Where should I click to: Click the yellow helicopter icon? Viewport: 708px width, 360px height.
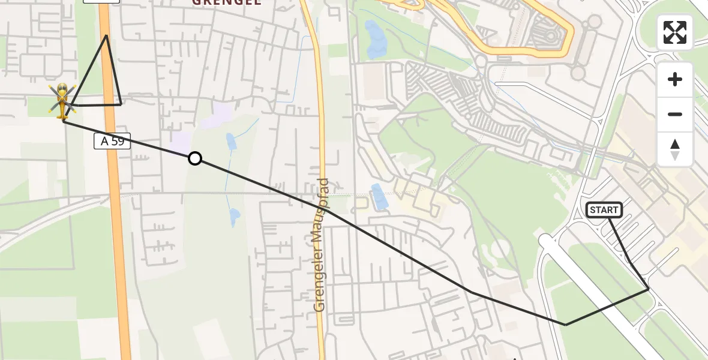click(62, 101)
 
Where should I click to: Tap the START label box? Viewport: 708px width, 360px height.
click(604, 209)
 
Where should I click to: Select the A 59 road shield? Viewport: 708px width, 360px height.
click(112, 141)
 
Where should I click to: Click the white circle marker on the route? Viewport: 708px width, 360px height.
click(195, 158)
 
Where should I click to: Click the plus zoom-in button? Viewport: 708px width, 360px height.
click(675, 79)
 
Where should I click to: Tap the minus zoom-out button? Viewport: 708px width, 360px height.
click(675, 114)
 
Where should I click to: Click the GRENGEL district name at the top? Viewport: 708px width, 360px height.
click(226, 2)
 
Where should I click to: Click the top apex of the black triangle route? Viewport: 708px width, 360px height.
click(106, 35)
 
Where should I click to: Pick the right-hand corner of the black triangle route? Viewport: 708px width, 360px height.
click(121, 104)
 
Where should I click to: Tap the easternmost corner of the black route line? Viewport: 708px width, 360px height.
click(649, 289)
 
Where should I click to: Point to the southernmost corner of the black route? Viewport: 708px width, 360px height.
click(565, 325)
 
